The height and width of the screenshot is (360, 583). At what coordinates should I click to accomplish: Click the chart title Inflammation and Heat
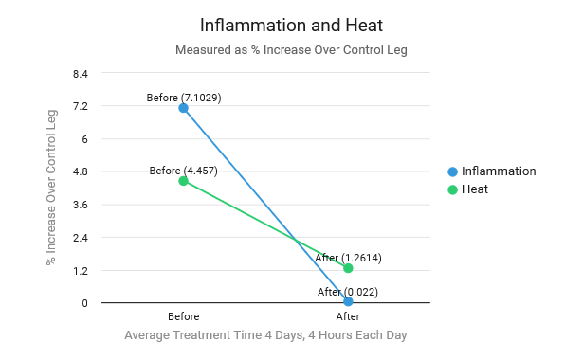click(x=291, y=25)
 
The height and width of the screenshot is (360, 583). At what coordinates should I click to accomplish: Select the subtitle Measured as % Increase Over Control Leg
click(x=291, y=50)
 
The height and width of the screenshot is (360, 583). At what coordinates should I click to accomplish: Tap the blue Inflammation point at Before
click(x=183, y=108)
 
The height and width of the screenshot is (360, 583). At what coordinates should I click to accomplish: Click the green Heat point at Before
click(x=183, y=181)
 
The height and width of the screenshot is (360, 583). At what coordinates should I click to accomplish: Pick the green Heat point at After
click(x=348, y=268)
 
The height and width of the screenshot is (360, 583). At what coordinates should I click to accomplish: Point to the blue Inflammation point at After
click(x=348, y=302)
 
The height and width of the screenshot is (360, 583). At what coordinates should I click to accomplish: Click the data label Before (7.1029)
click(x=184, y=98)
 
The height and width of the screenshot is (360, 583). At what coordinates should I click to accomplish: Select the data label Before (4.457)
click(x=183, y=171)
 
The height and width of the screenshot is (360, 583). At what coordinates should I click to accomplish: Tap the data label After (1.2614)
click(x=348, y=258)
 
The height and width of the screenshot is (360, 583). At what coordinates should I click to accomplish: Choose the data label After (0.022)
click(x=348, y=292)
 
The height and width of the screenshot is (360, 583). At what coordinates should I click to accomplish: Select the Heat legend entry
click(x=474, y=189)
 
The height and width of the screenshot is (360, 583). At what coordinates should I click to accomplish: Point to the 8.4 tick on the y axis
click(x=80, y=73)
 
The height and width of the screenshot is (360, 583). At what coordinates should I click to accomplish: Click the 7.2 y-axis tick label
click(x=80, y=106)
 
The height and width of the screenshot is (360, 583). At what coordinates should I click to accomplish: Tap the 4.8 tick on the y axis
click(x=80, y=171)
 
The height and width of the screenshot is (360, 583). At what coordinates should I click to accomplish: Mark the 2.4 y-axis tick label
click(x=80, y=238)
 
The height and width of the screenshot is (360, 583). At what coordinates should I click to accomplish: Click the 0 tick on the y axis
click(x=84, y=303)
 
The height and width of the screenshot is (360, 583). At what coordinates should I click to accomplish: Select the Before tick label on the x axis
click(x=183, y=316)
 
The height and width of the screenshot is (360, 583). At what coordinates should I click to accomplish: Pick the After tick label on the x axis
click(x=348, y=316)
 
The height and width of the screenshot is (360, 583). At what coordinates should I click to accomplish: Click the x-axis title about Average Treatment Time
click(x=265, y=335)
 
